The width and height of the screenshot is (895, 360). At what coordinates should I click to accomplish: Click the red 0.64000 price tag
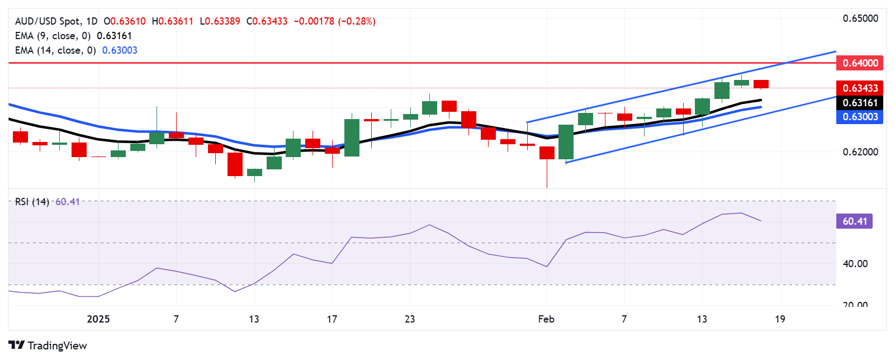click(860, 63)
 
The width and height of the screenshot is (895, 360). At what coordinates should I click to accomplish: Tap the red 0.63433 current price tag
click(860, 88)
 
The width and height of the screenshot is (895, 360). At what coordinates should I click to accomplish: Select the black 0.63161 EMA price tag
click(860, 103)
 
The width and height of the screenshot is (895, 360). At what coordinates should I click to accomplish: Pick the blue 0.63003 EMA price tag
click(860, 117)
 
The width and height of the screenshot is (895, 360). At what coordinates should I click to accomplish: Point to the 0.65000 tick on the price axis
click(860, 18)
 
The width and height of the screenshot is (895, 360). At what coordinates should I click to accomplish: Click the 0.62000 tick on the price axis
click(860, 152)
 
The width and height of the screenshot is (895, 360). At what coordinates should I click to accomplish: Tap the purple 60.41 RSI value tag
click(854, 221)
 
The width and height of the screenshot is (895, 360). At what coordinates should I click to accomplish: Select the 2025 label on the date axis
click(98, 319)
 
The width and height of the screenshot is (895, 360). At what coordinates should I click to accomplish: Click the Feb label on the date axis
click(546, 319)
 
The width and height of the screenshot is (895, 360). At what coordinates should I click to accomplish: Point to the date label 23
click(410, 319)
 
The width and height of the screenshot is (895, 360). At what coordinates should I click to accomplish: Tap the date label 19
click(780, 319)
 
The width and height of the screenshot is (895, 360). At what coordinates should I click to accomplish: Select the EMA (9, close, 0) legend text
click(53, 36)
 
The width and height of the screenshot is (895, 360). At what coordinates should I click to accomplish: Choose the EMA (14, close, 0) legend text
click(55, 50)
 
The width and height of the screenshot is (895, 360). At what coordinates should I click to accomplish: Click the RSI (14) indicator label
click(32, 202)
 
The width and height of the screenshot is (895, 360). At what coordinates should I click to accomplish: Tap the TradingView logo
click(48, 345)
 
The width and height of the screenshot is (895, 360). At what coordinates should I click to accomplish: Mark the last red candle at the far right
click(761, 84)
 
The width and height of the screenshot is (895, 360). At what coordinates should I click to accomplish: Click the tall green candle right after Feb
click(566, 142)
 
